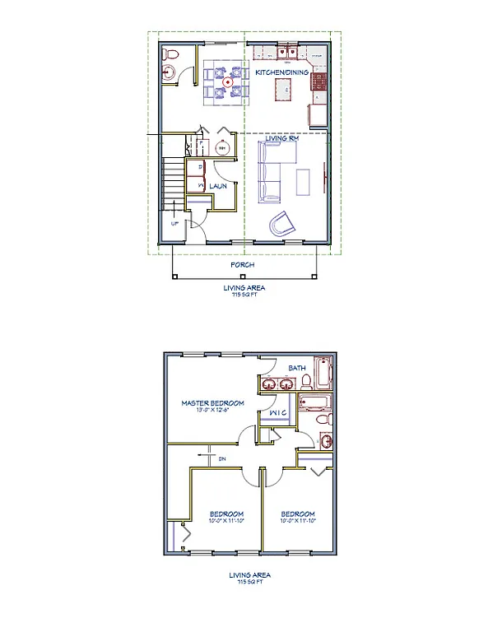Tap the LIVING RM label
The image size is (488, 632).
point(281,139)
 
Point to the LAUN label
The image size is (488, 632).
point(217,187)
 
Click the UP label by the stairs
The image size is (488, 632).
point(174,224)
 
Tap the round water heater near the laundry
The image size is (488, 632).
point(222,149)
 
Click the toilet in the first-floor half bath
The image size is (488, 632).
point(171,54)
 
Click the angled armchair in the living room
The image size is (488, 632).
point(282,223)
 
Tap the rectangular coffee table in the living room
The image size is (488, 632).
point(304,181)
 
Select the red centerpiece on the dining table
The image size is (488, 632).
point(226,83)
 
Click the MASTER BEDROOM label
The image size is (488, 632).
point(212,403)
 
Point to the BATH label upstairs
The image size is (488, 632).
point(298,368)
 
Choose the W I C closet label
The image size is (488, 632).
point(277,411)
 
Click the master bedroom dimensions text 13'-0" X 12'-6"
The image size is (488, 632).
point(212,411)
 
